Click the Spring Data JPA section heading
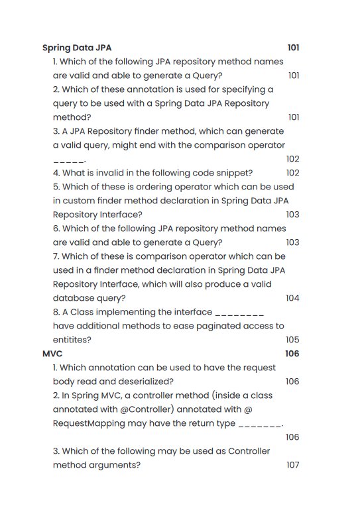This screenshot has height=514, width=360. [77, 48]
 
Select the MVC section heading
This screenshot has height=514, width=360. [52, 354]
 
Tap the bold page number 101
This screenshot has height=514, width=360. [294, 48]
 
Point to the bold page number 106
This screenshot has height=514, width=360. [292, 354]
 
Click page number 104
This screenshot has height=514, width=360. [292, 298]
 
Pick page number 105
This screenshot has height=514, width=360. [292, 340]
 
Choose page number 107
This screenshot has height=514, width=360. [292, 465]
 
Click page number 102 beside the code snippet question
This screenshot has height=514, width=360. [292, 173]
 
